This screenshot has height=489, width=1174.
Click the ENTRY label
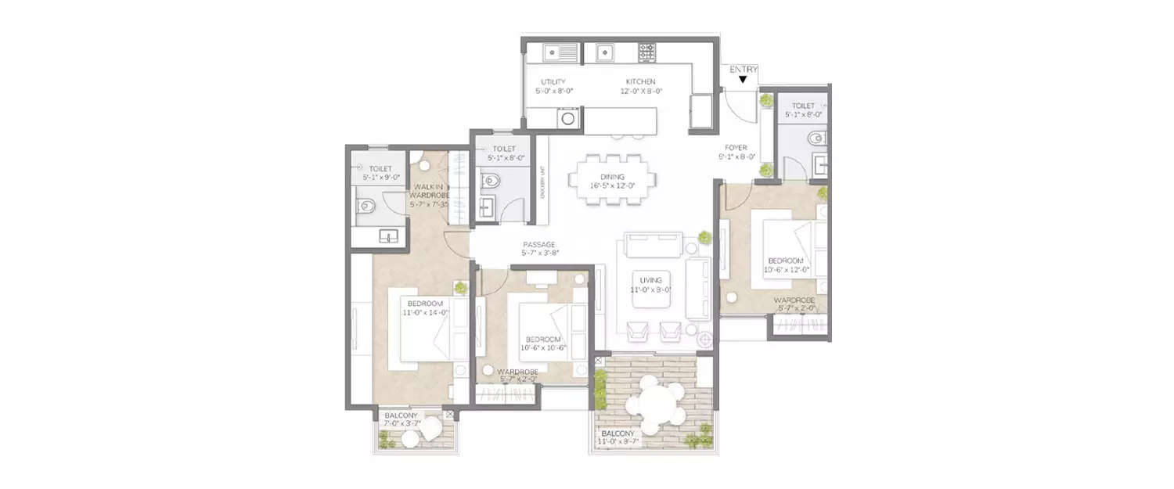743,69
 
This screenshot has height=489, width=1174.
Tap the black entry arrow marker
743,78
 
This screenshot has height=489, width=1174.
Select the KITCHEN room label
640,82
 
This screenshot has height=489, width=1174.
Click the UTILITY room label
553,82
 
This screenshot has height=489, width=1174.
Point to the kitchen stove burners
647,52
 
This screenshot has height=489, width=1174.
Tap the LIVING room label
650,280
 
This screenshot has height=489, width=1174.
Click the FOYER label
736,147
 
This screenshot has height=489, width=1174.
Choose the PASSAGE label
538,244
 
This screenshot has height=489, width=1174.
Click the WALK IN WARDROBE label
428,191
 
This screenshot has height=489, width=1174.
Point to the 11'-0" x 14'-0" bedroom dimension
426,312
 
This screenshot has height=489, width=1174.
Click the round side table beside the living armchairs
704,340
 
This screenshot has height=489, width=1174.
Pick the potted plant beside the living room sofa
704,237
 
